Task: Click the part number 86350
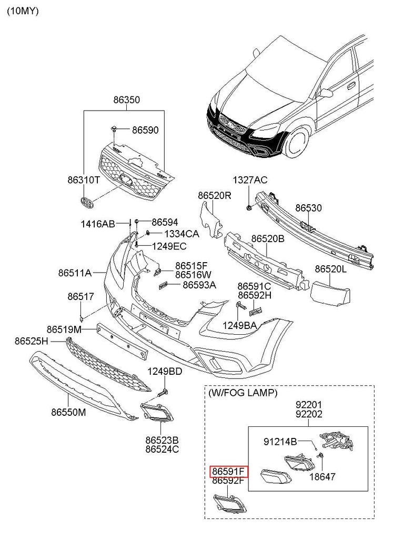126,99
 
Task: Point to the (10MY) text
23,11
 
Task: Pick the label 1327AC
251,181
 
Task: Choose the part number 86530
308,208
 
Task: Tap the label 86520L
331,269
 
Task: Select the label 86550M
68,413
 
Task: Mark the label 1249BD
165,372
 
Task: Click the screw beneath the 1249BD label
164,392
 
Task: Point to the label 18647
322,477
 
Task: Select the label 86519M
64,329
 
